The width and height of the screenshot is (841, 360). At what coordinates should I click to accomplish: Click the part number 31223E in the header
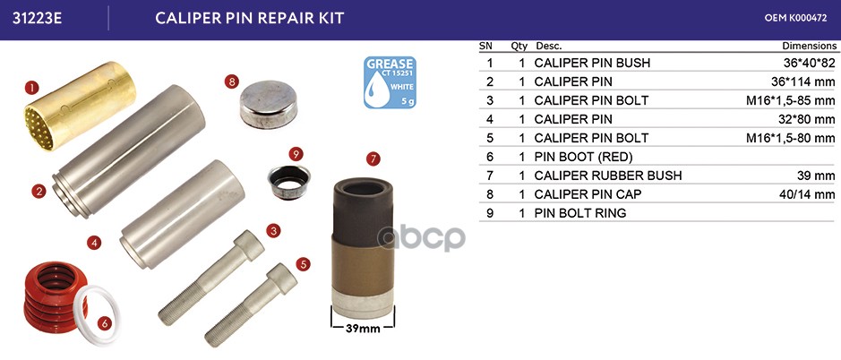click(x=37, y=18)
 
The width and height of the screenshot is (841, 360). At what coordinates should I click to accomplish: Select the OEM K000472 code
click(x=795, y=18)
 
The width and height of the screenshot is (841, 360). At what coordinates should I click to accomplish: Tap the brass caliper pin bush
click(x=80, y=106)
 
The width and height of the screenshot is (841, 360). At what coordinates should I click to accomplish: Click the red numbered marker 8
click(x=231, y=82)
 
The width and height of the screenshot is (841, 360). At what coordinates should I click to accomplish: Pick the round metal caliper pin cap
click(x=268, y=105)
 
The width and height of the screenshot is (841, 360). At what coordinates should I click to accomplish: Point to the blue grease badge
click(x=390, y=82)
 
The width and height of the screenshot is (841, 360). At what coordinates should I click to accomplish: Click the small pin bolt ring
click(x=289, y=182)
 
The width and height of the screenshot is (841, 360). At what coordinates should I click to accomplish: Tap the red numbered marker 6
click(x=104, y=323)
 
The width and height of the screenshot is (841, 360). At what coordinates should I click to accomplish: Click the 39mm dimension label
click(x=363, y=329)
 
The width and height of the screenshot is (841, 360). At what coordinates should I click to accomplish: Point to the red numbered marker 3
click(x=273, y=231)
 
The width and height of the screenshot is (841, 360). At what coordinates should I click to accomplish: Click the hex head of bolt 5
click(x=282, y=278)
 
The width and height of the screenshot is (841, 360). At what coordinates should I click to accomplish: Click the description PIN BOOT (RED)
click(x=584, y=157)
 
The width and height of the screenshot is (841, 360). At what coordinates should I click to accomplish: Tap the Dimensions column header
click(x=809, y=47)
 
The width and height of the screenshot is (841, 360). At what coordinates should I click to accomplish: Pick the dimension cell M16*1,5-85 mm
click(x=791, y=100)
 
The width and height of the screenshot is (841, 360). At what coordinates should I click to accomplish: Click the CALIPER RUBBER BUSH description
click(x=608, y=176)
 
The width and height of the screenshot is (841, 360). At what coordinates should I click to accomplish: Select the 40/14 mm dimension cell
click(x=807, y=194)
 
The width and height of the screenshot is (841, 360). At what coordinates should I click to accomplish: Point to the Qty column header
click(x=519, y=47)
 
